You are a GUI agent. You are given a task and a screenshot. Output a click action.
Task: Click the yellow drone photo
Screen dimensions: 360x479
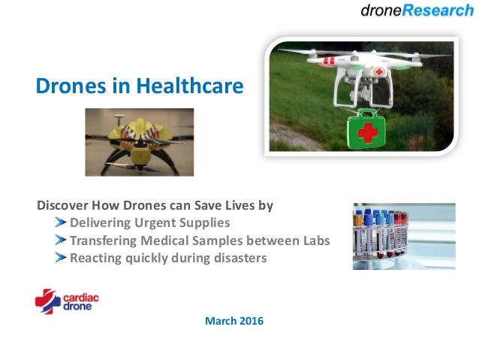(x=139, y=142)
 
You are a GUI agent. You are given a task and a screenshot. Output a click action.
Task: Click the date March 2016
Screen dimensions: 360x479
(x=233, y=322)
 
